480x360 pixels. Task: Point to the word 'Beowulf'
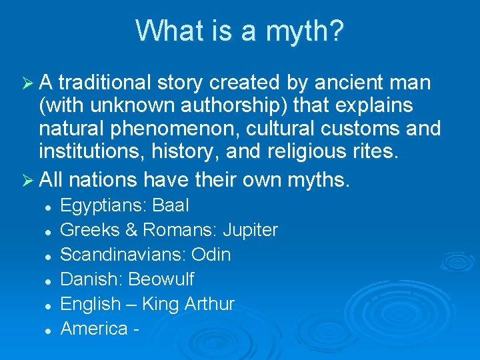pos(161,279)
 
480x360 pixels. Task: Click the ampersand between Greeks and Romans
pos(131,231)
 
